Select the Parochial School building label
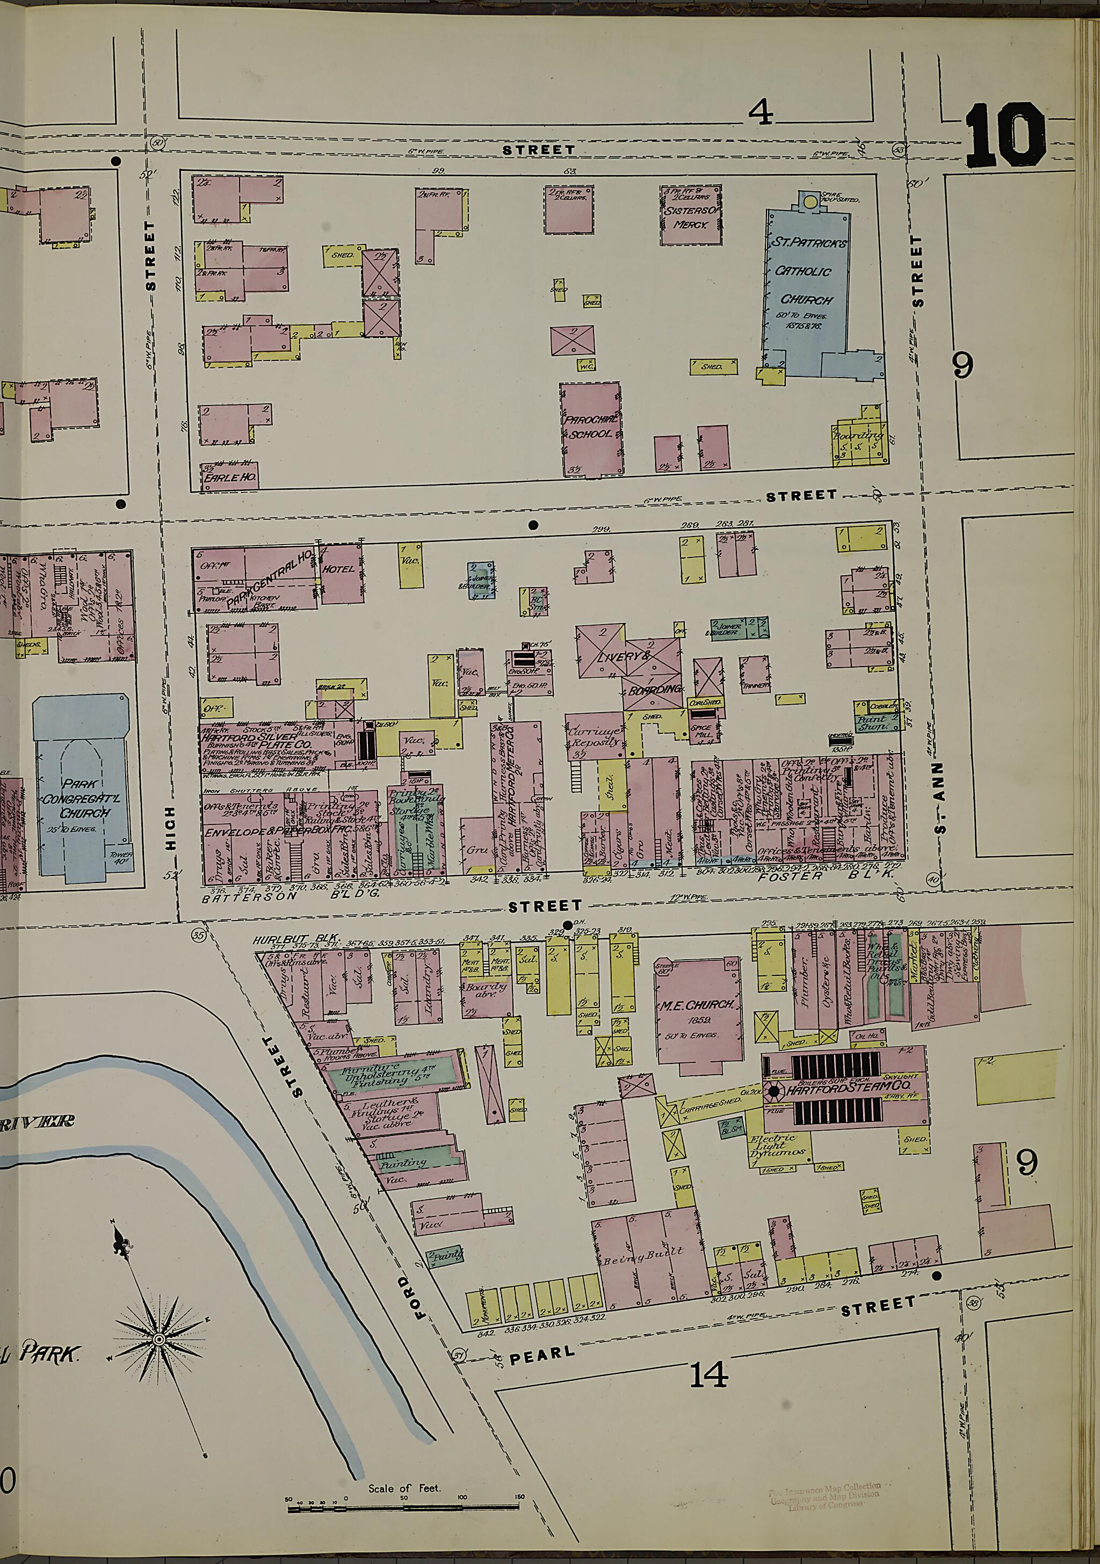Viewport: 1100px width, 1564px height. pyautogui.click(x=590, y=426)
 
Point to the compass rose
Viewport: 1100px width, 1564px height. pyautogui.click(x=158, y=1339)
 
